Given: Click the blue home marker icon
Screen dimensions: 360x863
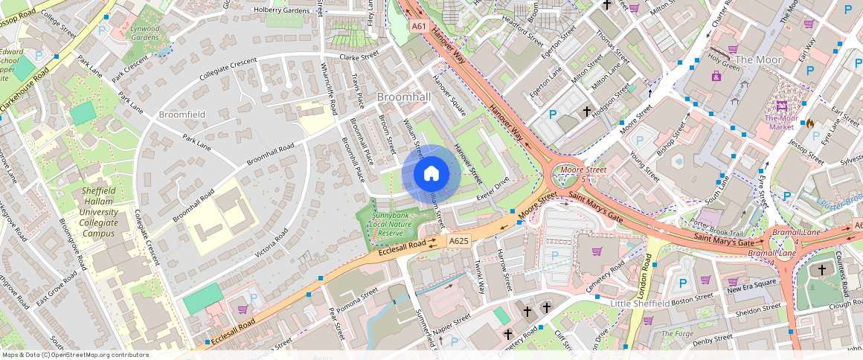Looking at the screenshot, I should click(x=431, y=174).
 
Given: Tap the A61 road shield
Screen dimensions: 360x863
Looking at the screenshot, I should click(x=419, y=26).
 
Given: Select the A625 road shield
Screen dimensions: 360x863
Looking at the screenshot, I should click(x=458, y=241).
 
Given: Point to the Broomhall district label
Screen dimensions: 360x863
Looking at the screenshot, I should click(x=404, y=97).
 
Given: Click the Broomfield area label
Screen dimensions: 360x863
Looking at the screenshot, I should click(x=182, y=115).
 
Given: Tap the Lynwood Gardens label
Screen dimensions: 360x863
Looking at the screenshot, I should click(x=145, y=33).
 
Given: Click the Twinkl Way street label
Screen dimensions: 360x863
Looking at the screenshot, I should click(x=480, y=277).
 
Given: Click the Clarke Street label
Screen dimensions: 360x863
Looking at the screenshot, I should click(x=359, y=56).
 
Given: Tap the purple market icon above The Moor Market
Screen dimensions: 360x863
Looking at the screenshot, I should click(x=781, y=106).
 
